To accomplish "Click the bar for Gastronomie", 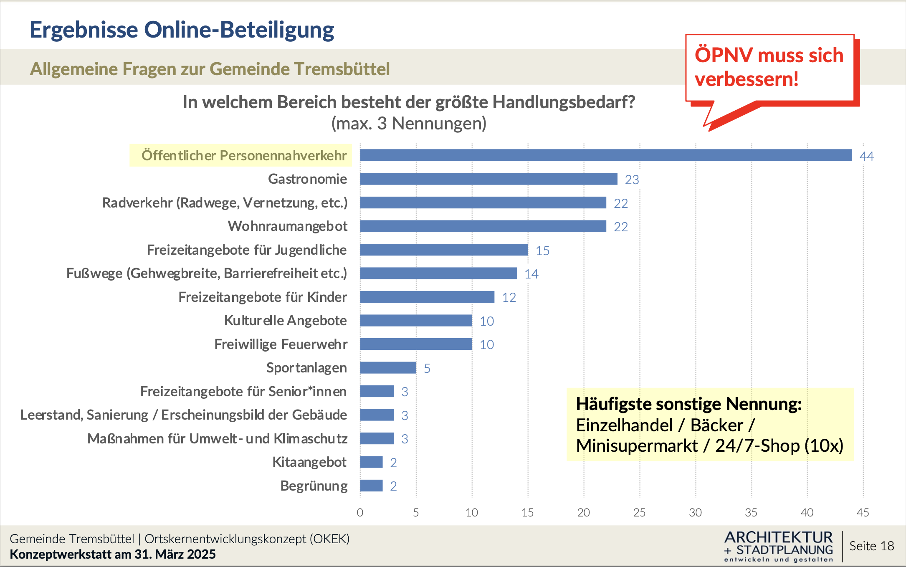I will click(488, 179).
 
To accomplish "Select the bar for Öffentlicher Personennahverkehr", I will click(605, 155).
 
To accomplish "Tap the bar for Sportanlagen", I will click(388, 368).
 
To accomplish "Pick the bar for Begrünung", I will click(371, 486).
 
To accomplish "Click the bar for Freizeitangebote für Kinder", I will click(427, 297).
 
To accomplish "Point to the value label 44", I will click(867, 156).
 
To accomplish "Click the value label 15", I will click(542, 251).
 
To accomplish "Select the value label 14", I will click(531, 274).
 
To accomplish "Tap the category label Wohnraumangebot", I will click(287, 226).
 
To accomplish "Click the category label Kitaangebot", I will click(309, 462).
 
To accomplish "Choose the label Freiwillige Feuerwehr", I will click(281, 344).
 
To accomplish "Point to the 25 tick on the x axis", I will click(639, 513).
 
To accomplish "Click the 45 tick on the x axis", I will click(863, 513).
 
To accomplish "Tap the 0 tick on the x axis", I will click(360, 513).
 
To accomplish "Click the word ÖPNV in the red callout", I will click(724, 56).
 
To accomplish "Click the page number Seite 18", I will click(871, 546).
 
